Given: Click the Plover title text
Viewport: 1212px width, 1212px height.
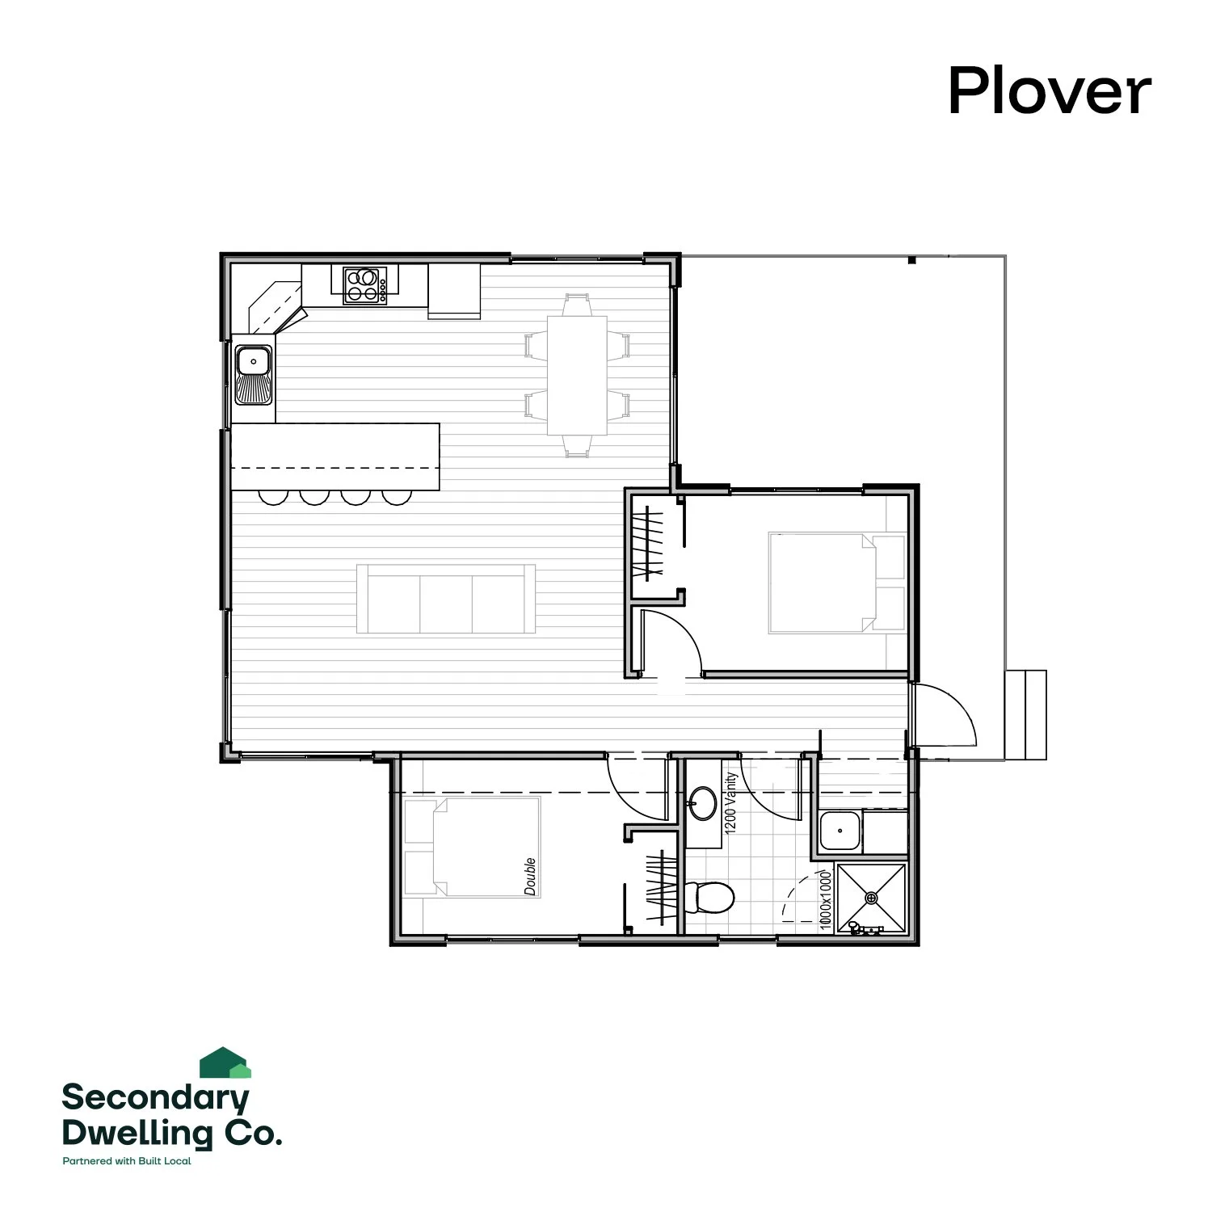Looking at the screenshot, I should point(1049,91).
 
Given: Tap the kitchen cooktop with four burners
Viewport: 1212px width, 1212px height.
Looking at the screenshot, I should point(364,285).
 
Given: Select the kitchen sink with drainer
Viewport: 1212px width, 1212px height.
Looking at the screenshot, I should point(253,374).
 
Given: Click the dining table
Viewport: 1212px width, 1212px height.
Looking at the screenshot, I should point(577,375).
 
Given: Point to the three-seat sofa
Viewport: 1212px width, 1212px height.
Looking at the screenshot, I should point(446,599).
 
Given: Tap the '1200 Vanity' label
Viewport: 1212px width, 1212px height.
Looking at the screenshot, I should point(731,803).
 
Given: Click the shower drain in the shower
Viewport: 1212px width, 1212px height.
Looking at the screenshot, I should point(871,898).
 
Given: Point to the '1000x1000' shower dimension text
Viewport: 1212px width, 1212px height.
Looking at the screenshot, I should point(825,899).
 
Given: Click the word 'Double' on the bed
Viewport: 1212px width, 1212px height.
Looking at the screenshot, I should point(530,876).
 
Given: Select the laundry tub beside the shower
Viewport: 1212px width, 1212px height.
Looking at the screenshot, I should point(840,831).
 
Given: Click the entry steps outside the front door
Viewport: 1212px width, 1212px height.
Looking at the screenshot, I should point(1026,715).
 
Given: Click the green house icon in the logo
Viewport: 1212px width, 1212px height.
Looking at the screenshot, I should point(225,1063).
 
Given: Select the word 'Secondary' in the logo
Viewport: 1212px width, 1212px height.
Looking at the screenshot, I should point(155,1097).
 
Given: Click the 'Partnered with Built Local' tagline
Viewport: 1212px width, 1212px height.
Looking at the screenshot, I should point(127,1161).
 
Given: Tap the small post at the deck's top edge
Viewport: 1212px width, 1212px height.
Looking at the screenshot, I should point(911,260).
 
